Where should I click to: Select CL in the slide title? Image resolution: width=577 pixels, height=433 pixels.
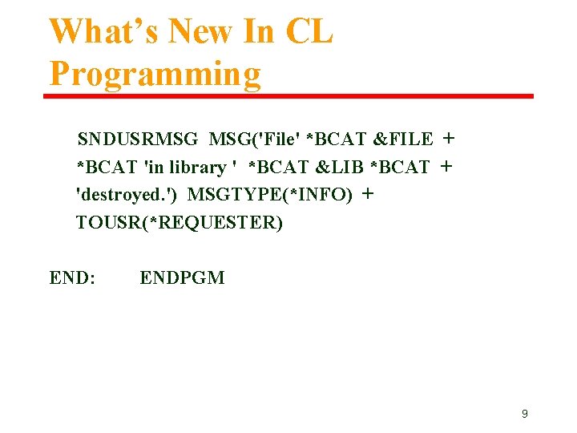[309, 32]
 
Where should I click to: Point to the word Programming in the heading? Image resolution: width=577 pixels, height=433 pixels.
[155, 74]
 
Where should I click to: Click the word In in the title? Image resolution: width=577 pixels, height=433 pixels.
[263, 32]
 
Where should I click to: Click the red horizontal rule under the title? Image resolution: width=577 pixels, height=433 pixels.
[288, 96]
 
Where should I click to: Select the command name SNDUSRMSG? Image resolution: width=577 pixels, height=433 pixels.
[138, 140]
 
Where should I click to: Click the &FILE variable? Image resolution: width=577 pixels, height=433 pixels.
[403, 140]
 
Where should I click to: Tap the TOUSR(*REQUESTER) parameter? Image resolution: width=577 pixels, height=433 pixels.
[180, 222]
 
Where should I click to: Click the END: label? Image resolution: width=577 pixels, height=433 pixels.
[73, 278]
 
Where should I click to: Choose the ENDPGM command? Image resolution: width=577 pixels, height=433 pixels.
[182, 278]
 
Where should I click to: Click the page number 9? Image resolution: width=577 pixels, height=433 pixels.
[525, 414]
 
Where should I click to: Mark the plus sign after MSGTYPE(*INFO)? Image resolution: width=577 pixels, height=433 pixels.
[368, 194]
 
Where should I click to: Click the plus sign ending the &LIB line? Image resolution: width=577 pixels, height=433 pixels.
[446, 167]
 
